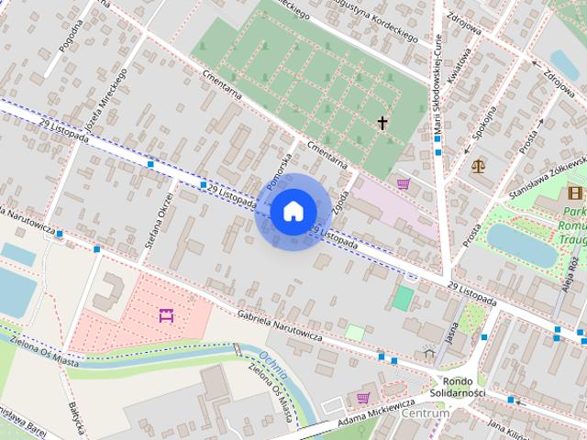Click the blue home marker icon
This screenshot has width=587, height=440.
(292, 212)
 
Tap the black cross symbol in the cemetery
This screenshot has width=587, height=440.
(382, 123)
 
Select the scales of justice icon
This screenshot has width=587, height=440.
(478, 166)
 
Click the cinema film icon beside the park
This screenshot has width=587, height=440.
(575, 192)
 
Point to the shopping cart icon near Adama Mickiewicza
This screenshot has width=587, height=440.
(363, 398)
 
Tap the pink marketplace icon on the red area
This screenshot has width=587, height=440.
(166, 316)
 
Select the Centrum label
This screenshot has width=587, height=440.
(426, 413)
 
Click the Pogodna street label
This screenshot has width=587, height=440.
(71, 36)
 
